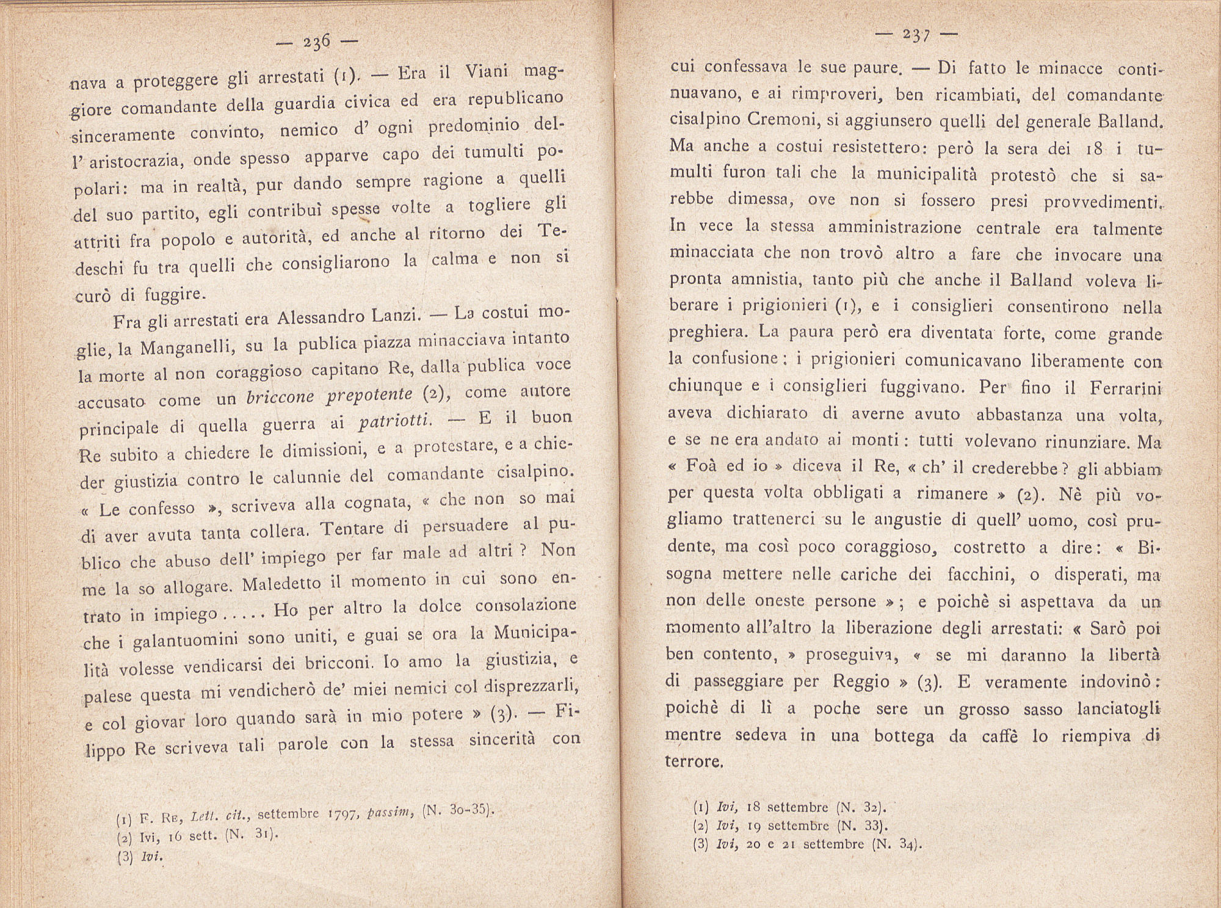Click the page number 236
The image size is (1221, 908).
316,42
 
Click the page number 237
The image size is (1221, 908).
915,35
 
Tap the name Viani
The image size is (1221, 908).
487,73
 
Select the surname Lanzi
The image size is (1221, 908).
399,317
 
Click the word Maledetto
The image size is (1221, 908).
281,584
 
